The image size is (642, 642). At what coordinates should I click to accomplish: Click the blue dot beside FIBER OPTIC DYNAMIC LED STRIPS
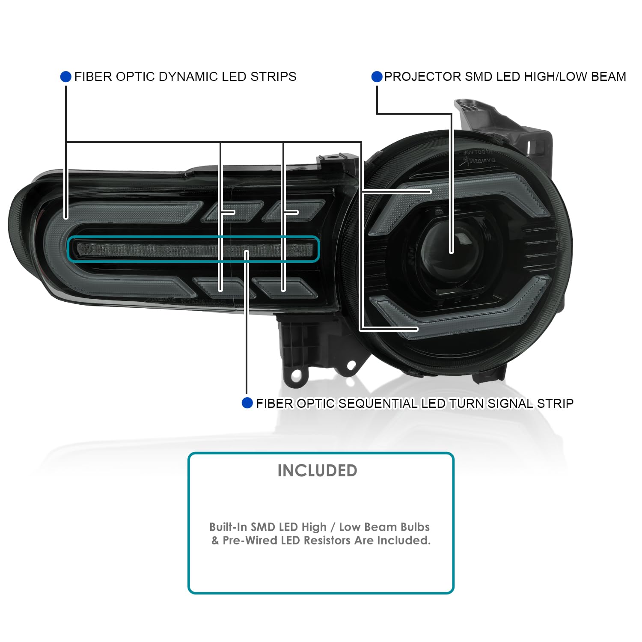(x=65, y=77)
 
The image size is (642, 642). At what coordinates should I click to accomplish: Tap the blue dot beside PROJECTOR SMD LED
(x=377, y=77)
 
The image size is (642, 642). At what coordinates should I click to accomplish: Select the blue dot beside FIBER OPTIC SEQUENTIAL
(x=247, y=403)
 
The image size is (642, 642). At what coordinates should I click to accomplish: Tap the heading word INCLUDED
(x=317, y=470)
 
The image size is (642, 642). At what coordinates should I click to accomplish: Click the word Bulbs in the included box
(x=414, y=527)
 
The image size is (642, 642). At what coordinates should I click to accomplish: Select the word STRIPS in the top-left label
(x=273, y=77)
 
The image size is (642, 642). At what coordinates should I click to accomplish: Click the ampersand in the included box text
(x=215, y=540)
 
